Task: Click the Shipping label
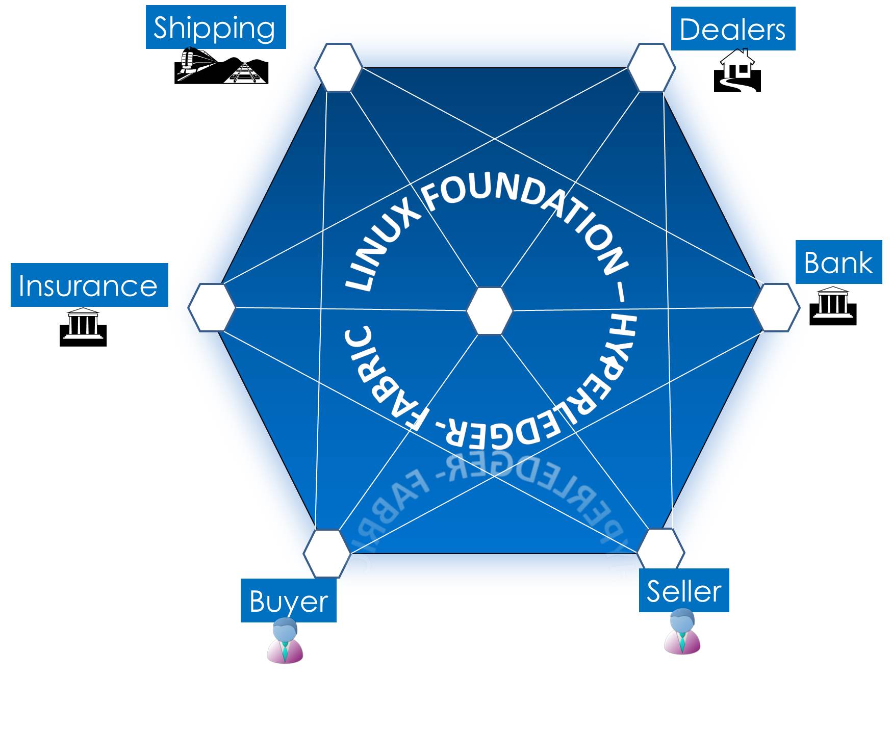(215, 28)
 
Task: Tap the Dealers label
(732, 29)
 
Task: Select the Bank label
(838, 263)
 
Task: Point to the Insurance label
(89, 285)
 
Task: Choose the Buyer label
(288, 601)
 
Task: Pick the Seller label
(683, 590)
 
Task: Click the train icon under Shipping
(221, 66)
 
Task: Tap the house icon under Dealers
(737, 71)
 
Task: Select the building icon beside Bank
(832, 306)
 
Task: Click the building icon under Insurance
(83, 327)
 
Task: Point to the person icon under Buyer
(285, 641)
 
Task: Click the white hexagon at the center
(490, 311)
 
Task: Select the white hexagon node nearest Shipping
(338, 67)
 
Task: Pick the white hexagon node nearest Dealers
(651, 67)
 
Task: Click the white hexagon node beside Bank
(776, 307)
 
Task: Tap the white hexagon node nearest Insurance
(211, 307)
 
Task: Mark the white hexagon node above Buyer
(326, 553)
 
